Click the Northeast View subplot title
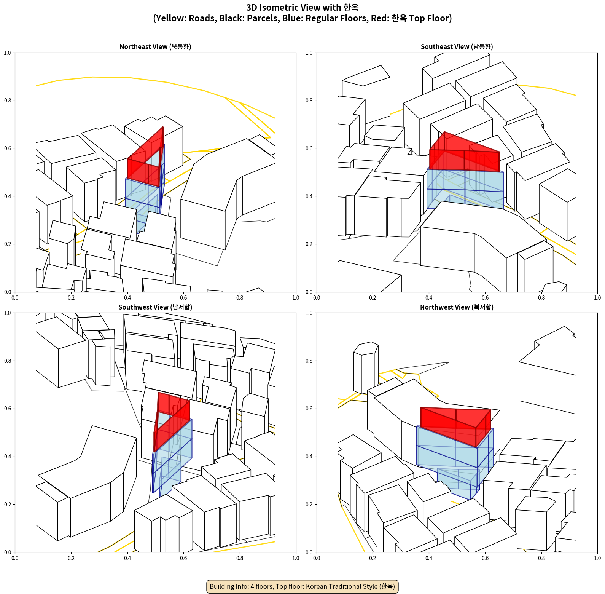point(155,46)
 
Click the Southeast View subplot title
point(457,46)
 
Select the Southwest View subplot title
point(155,307)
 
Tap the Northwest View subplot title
point(457,307)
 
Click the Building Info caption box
point(302,586)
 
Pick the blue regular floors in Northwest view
point(455,457)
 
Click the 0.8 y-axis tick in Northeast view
point(8,101)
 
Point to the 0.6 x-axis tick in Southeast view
point(485,298)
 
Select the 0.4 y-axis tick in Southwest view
point(8,457)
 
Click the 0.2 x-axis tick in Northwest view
point(373,558)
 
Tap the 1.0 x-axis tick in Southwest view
point(296,558)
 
